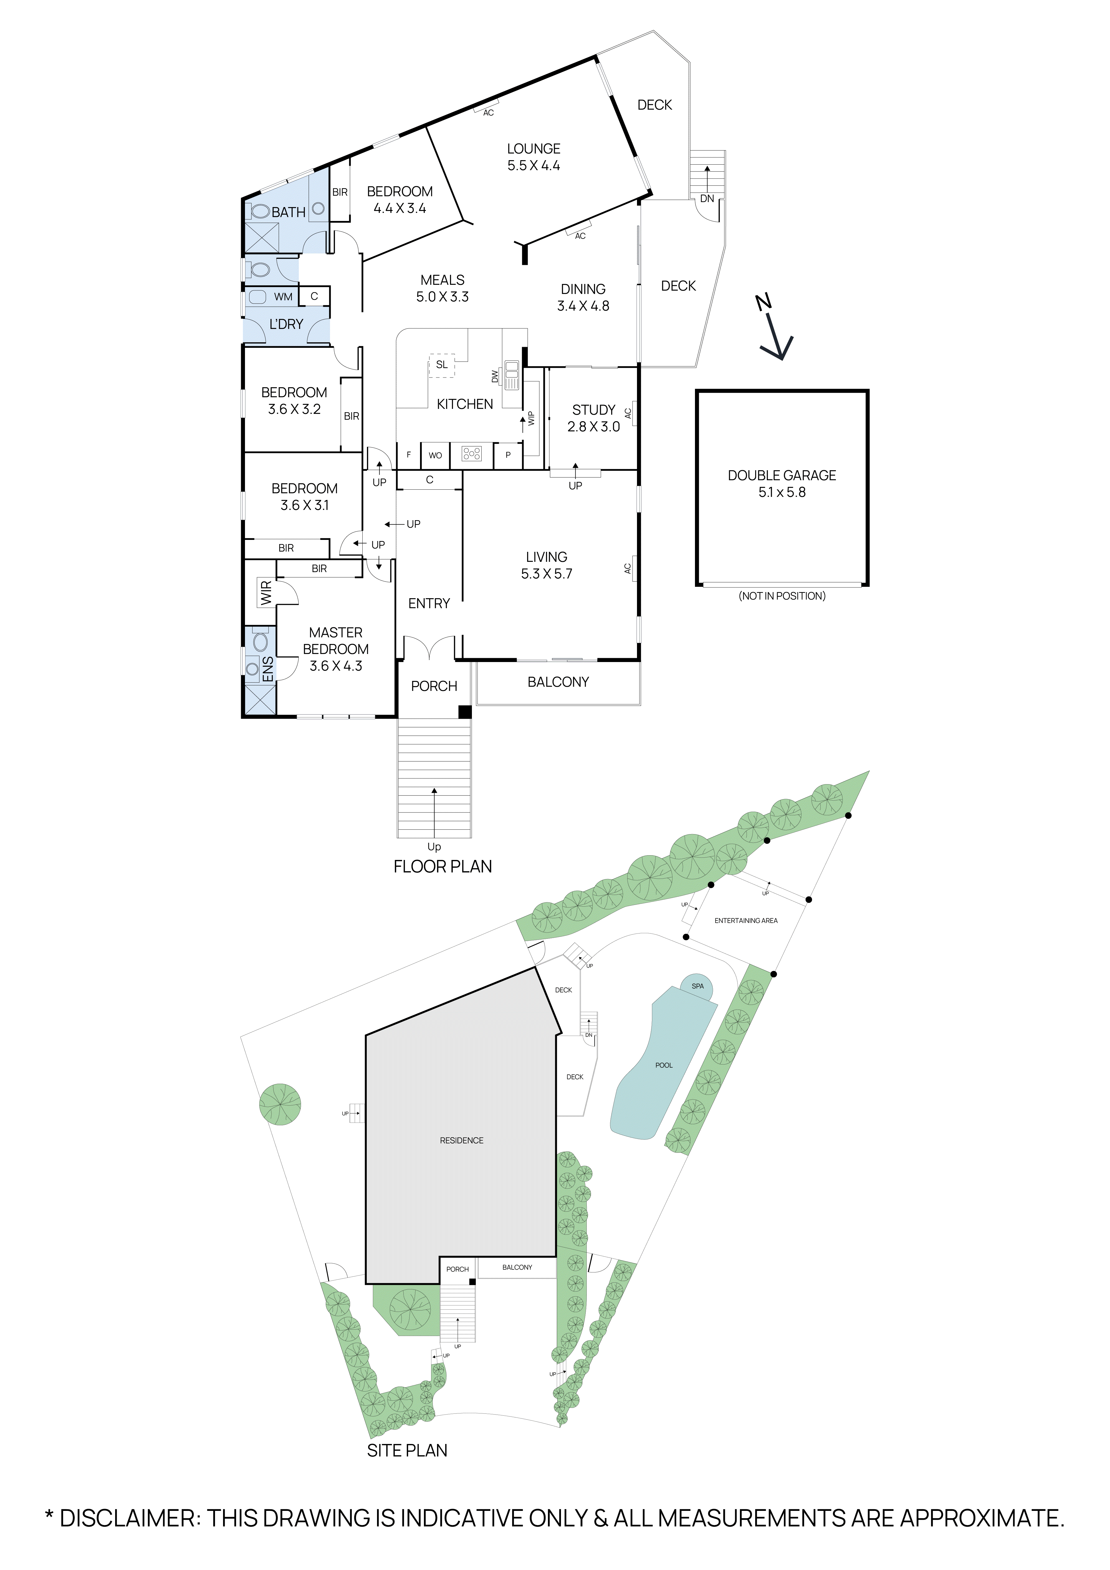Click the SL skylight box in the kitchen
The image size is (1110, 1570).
(442, 364)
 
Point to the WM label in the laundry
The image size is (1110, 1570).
(283, 297)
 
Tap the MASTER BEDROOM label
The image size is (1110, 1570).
(336, 649)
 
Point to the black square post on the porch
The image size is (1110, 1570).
(465, 712)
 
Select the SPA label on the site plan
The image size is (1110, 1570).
(697, 986)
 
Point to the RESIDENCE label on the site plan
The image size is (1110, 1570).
(461, 1141)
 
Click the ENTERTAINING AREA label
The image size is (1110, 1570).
(746, 920)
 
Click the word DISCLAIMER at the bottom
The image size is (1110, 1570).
(130, 1519)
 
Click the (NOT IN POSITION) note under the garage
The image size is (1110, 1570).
(782, 596)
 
